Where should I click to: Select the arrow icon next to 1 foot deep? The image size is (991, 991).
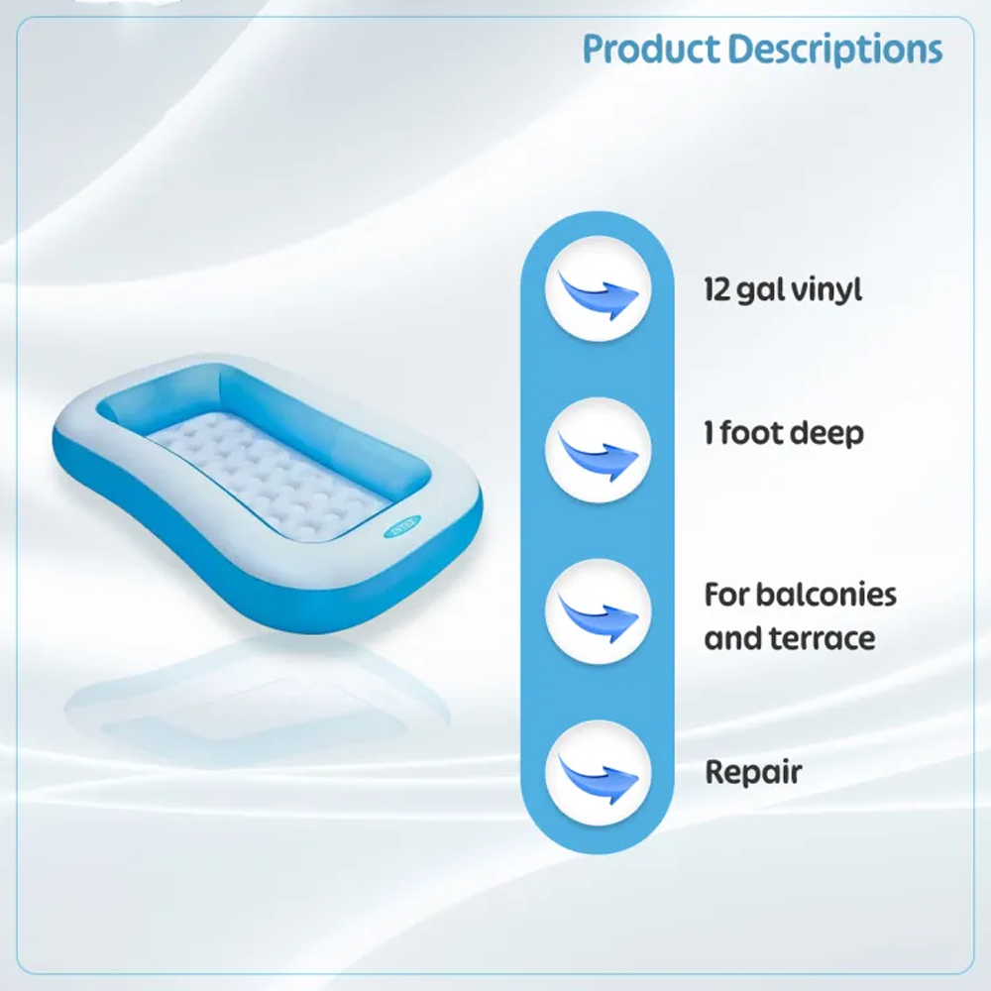[598, 451]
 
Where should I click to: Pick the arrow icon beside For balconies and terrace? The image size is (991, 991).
[598, 611]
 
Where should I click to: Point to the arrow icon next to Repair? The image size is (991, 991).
[598, 772]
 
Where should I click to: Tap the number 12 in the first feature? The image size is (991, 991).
[717, 289]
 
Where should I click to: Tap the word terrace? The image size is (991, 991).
[826, 638]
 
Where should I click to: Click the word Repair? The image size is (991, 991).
[753, 773]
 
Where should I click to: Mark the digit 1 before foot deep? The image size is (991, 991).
[709, 433]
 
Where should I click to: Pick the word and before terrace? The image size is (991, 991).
[733, 638]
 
